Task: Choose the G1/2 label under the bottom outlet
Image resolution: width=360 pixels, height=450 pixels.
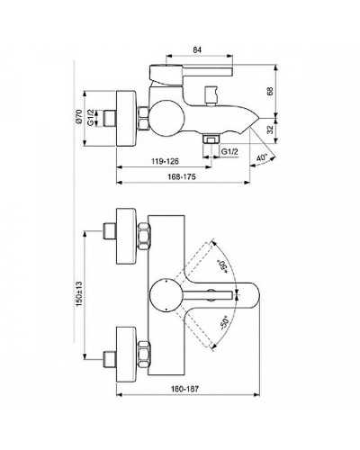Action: point(230,152)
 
